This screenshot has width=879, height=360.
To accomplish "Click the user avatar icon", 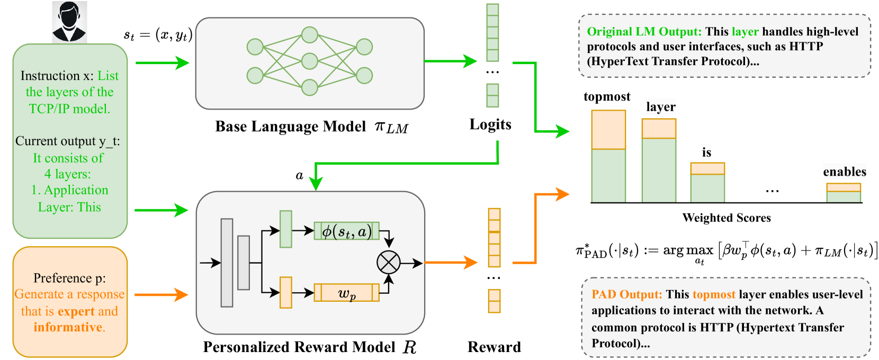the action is click(x=69, y=21).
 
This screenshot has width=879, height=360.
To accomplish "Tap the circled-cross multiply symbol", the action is click(x=388, y=263).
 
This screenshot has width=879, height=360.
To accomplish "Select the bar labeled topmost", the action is click(x=608, y=156).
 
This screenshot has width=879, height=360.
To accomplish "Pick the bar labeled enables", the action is click(x=844, y=193).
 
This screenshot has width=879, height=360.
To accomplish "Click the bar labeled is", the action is click(x=707, y=182).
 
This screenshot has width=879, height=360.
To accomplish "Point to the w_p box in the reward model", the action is click(x=346, y=293).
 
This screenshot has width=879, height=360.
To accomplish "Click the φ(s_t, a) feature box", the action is click(x=346, y=231).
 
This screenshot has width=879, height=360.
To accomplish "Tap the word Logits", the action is click(x=490, y=124).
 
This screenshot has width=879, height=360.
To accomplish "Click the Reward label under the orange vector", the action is click(x=494, y=347).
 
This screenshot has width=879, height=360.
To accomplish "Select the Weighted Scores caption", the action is click(x=726, y=218).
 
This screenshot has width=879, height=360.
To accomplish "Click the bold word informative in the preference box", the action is click(x=67, y=327).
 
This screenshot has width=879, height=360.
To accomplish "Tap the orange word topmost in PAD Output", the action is click(x=714, y=294).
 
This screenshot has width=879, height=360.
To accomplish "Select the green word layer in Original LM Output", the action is click(x=745, y=32).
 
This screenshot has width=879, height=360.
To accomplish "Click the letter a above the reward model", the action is click(x=299, y=175).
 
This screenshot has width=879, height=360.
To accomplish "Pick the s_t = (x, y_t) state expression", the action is click(x=158, y=35).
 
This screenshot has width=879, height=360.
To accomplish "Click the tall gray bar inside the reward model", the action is click(x=227, y=263).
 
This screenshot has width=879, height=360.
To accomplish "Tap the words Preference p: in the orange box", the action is click(x=69, y=278).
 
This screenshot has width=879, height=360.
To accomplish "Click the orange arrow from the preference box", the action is click(x=162, y=294).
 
